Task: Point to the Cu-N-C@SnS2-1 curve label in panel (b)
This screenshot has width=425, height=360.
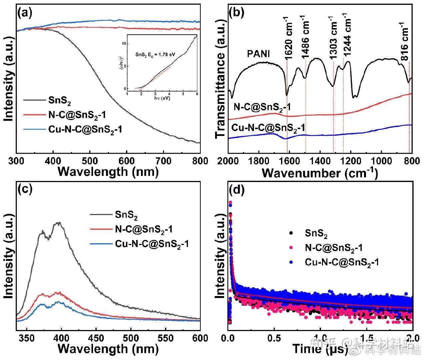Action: (x=268, y=128)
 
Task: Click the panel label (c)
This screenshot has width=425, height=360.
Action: (x=25, y=189)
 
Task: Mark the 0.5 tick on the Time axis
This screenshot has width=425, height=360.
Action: (x=274, y=337)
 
